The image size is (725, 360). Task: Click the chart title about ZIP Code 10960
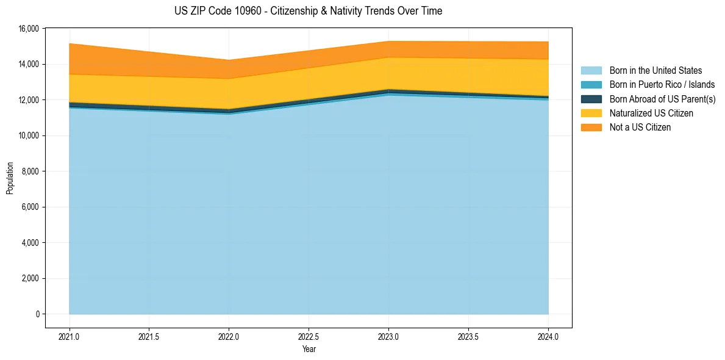tap(308, 11)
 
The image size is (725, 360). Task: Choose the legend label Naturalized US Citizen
tap(651, 113)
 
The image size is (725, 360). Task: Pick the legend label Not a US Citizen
tap(640, 128)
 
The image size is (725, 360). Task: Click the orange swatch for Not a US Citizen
tap(591, 128)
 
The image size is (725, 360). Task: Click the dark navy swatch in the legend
tap(591, 99)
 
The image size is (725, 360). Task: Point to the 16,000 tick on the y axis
tap(29, 29)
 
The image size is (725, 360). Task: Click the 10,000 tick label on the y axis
tap(29, 135)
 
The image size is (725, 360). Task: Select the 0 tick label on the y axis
tap(37, 314)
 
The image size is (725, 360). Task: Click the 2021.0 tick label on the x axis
tap(70, 336)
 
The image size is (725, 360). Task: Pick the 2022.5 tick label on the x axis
tap(309, 336)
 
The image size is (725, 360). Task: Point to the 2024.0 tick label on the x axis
tap(548, 336)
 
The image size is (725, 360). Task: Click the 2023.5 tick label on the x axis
tap(468, 336)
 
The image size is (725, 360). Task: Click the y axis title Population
tap(10, 178)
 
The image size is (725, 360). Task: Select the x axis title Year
tap(309, 350)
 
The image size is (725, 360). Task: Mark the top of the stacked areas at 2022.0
tap(229, 60)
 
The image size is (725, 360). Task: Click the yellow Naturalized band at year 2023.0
tap(388, 73)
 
